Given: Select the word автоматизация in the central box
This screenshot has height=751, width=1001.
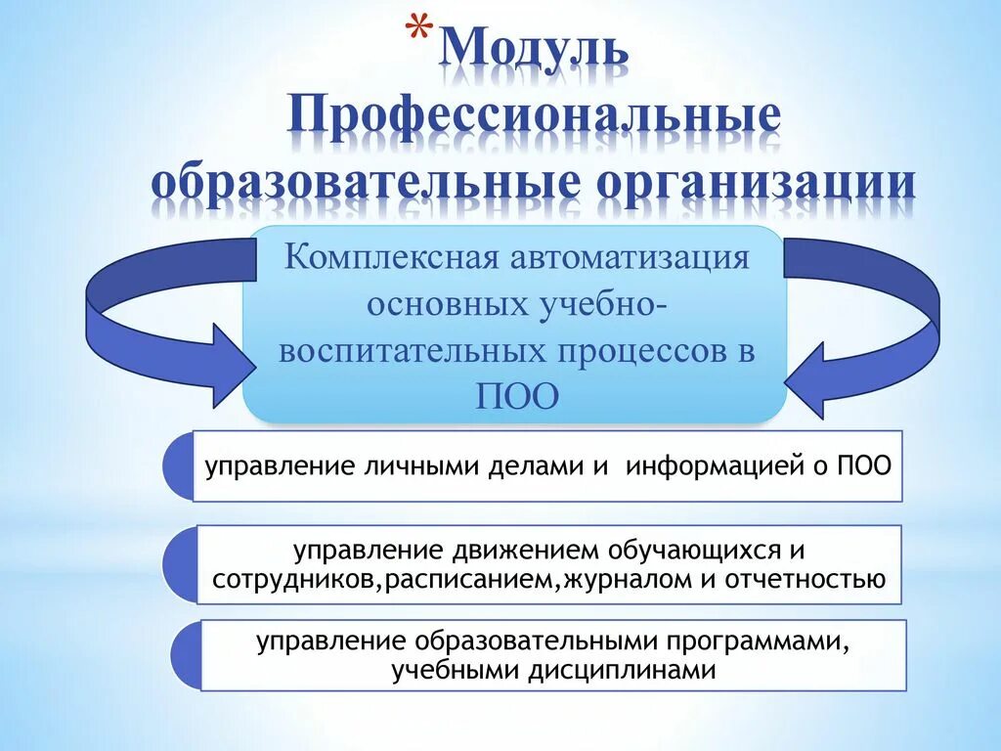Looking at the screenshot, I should [x=644, y=259].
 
